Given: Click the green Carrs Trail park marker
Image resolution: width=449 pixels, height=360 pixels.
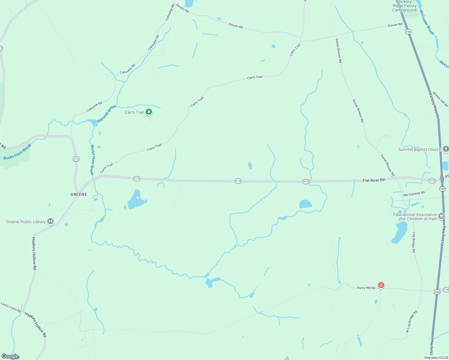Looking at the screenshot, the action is pos(149,112).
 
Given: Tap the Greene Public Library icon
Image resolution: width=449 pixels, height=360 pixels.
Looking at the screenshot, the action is pos(50,221).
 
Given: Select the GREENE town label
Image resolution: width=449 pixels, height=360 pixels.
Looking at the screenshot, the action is pos(79,194).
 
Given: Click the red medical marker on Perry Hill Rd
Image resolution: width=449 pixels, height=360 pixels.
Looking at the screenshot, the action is pos(381,285).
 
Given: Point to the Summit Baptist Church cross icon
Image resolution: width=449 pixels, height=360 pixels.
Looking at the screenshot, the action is pos(446,149).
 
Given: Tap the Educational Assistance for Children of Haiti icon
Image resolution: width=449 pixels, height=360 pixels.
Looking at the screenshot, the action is pos(441,216).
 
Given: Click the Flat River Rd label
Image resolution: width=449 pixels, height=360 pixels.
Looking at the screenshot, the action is pos(373,180).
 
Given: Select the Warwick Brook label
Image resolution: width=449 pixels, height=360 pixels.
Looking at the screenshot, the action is pos(106,114).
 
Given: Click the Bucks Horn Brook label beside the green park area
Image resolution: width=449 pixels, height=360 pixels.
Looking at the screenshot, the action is pos(17,151).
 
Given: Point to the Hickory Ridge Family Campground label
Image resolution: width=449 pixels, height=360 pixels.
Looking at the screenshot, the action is pos(404,6).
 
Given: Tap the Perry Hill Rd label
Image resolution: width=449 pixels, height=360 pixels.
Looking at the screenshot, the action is pos(366,288).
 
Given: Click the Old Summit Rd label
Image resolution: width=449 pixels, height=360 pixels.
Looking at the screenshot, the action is pos(414,194).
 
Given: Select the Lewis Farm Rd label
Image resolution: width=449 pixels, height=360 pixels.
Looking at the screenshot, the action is pos(11,307).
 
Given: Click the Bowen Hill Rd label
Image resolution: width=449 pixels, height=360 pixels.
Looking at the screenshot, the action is pos(440,99).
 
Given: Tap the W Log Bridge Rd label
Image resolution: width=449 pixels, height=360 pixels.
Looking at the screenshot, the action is pos(411,322).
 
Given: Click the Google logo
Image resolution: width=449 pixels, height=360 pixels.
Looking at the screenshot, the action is pos(10,356).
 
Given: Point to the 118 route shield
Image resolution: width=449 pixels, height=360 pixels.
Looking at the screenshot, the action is pos(446,289).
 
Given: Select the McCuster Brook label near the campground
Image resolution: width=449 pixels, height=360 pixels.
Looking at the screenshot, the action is pos(426,22).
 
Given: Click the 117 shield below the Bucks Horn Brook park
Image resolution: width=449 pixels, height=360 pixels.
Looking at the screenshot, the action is pos(76,159).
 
